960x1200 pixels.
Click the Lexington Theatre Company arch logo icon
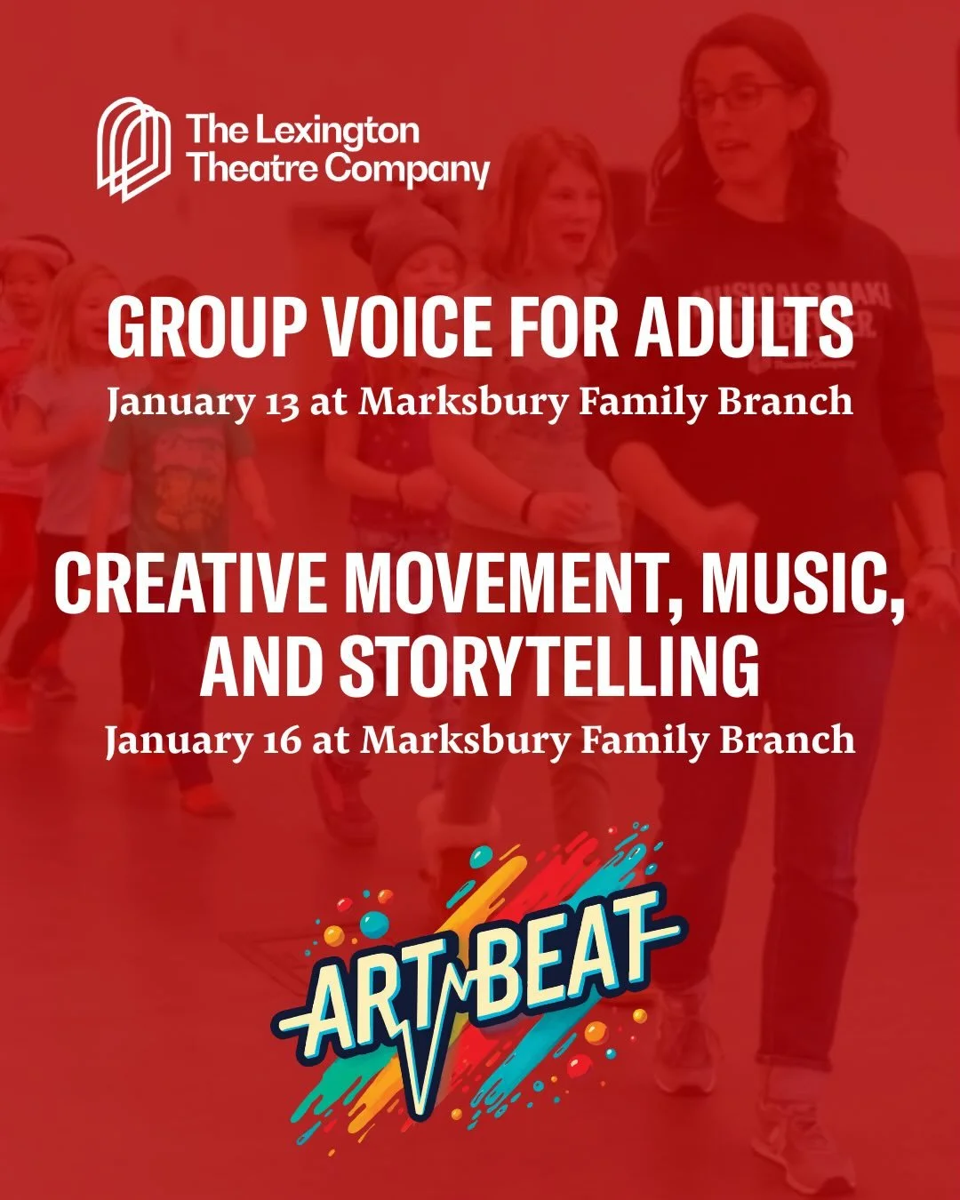pyautogui.click(x=133, y=149)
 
